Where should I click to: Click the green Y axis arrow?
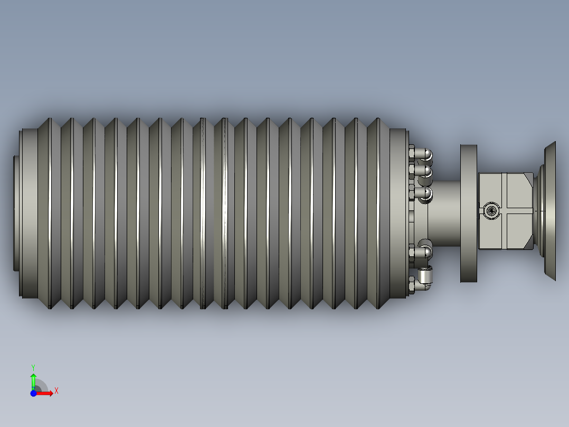(33, 382)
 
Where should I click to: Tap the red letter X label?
(56, 391)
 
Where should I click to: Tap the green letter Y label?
(33, 368)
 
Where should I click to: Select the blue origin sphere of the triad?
(33, 393)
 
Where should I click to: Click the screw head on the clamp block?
(491, 210)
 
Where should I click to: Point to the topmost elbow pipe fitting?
(424, 154)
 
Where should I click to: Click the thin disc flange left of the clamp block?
(469, 213)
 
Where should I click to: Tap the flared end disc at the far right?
(550, 211)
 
